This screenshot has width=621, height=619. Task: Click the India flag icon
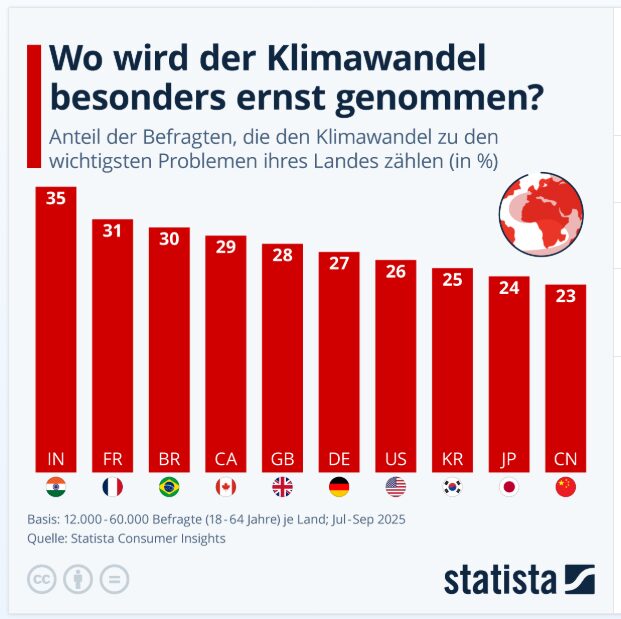pyautogui.click(x=56, y=488)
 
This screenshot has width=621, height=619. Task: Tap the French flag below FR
pyautogui.click(x=113, y=488)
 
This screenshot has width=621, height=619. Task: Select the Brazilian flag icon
pyautogui.click(x=169, y=488)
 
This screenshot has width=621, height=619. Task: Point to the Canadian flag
pyautogui.click(x=226, y=488)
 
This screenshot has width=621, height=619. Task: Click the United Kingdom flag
pyautogui.click(x=282, y=488)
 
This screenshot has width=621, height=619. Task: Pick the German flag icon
pyautogui.click(x=339, y=488)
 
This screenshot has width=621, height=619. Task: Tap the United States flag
pyautogui.click(x=396, y=488)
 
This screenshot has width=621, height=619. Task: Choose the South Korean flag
pyautogui.click(x=452, y=488)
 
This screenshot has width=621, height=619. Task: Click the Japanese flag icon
pyautogui.click(x=509, y=488)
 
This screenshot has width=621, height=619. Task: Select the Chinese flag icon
pyautogui.click(x=566, y=488)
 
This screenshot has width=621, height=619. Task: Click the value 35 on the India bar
pyautogui.click(x=56, y=198)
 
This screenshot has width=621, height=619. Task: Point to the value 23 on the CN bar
pyautogui.click(x=566, y=296)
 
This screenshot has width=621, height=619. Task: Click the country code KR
pyautogui.click(x=452, y=460)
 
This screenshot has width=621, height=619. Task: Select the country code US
pyautogui.click(x=396, y=460)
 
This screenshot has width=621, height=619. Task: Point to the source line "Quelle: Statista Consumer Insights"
pyautogui.click(x=126, y=538)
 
